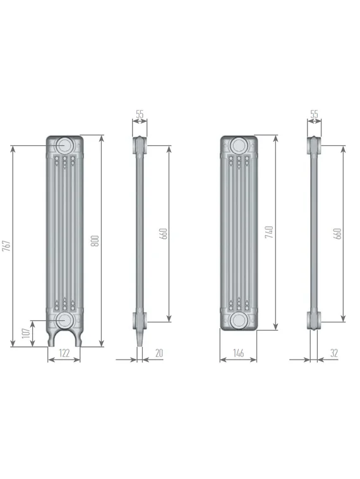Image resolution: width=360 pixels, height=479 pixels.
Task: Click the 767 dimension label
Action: pos(7,246)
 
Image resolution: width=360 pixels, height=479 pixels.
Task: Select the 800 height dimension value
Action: pos(95,241)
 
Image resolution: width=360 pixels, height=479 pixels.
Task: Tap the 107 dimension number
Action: pos(26,333)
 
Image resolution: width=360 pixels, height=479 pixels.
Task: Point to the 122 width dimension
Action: pos(64,354)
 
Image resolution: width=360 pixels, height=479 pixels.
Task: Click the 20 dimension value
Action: pos(159,354)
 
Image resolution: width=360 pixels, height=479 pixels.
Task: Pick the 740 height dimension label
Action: pos(269,232)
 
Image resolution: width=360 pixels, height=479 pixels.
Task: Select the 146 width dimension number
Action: pos(238,354)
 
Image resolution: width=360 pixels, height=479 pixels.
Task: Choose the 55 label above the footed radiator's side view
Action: pos(140,114)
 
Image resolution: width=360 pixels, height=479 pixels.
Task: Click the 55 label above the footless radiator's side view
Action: pos(314,114)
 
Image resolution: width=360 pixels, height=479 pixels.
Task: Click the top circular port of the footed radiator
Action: pos(64,145)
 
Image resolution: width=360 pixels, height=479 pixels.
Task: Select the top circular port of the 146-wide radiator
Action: pos(238,145)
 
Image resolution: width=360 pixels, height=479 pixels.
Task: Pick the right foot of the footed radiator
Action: pos(75,339)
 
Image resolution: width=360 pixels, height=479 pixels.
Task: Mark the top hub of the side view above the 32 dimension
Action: pos(314,145)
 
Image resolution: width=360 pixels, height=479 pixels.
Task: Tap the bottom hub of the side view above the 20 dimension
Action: pos(140,319)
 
